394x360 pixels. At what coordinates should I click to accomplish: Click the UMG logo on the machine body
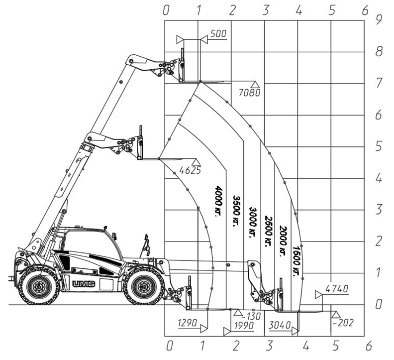click(84, 284)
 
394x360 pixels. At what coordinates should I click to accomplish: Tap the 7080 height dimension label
click(249, 93)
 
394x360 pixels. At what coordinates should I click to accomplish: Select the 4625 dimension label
click(190, 170)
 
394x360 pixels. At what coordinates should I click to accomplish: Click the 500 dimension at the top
click(218, 34)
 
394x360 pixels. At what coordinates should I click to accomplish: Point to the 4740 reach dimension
click(337, 289)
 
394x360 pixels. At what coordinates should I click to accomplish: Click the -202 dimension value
click(343, 323)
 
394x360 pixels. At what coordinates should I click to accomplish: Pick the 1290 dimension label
click(187, 323)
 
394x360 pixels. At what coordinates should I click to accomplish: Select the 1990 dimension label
click(244, 326)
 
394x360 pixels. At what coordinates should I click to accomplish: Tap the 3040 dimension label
click(280, 325)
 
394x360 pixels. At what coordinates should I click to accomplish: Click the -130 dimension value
click(252, 316)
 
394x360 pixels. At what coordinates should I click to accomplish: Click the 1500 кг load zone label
click(297, 261)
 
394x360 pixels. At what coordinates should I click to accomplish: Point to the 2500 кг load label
click(268, 232)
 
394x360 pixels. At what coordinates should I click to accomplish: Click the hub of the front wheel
click(143, 286)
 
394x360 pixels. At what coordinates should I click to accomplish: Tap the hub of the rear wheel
click(39, 286)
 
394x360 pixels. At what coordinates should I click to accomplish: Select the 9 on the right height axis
click(379, 20)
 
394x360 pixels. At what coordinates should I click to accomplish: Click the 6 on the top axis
click(365, 10)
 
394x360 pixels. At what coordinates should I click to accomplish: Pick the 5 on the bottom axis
click(336, 346)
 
